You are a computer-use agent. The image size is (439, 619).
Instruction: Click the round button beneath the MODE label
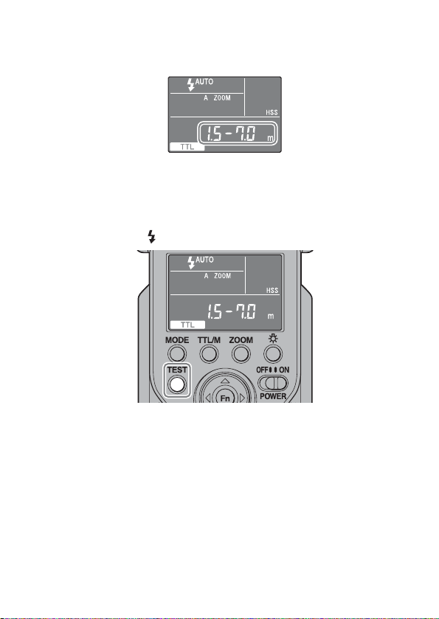click(x=177, y=353)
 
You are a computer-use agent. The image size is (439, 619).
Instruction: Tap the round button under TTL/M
click(x=209, y=353)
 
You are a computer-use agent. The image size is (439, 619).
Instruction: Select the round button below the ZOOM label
click(x=241, y=353)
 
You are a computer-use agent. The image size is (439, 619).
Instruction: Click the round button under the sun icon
click(x=273, y=353)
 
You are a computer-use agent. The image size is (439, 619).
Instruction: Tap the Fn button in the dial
click(x=225, y=397)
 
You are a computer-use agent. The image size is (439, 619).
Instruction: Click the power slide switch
click(x=273, y=384)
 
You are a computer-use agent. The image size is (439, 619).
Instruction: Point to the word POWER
click(x=273, y=396)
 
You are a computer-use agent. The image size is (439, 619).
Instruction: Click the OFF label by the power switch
click(x=263, y=370)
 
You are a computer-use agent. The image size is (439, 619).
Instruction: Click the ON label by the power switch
click(x=284, y=370)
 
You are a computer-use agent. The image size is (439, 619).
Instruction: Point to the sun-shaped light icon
click(x=273, y=339)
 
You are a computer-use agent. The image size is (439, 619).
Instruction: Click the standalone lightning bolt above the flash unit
click(x=151, y=237)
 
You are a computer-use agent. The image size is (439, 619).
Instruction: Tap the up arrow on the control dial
click(x=224, y=381)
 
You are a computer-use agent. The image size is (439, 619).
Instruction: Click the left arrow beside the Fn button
click(x=207, y=398)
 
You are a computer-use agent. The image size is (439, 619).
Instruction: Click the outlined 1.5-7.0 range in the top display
click(x=238, y=134)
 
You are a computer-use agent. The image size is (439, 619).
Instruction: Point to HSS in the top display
click(x=272, y=112)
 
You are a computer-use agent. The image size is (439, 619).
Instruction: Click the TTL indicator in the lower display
click(x=187, y=325)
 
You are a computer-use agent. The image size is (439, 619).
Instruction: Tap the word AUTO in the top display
click(x=204, y=82)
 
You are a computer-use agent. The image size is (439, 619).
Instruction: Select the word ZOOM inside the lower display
click(x=223, y=276)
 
